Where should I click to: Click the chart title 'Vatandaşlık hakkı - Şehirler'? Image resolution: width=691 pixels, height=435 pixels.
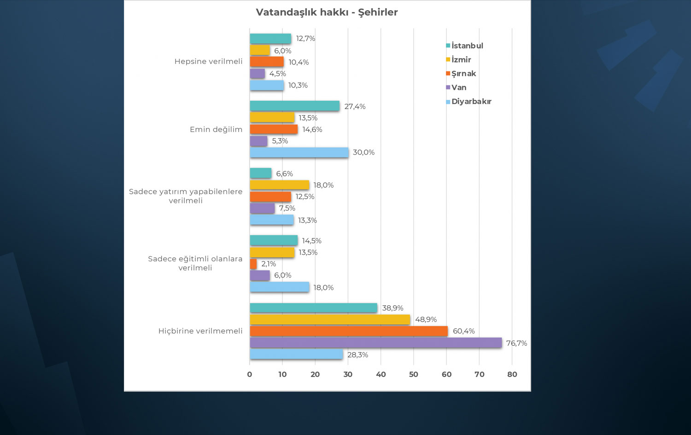click(x=327, y=12)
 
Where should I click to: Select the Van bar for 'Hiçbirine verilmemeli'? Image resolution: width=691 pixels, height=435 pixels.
click(x=375, y=342)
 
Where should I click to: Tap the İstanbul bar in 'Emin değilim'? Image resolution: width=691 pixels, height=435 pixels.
click(x=294, y=106)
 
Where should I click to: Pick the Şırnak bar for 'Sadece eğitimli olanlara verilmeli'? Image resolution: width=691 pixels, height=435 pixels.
click(x=253, y=264)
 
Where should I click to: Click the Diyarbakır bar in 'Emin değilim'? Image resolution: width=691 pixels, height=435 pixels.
click(x=299, y=152)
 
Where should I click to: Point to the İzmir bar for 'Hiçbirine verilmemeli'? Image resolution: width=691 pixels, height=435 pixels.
click(x=330, y=319)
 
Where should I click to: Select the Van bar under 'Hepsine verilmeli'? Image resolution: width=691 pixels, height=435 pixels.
click(x=258, y=74)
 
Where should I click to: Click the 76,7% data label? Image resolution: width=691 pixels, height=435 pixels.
click(x=516, y=343)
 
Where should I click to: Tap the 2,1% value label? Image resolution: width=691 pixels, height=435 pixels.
click(x=269, y=264)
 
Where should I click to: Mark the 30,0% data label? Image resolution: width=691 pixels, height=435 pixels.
click(x=363, y=152)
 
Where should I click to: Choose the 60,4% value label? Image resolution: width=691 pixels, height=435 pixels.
click(x=463, y=331)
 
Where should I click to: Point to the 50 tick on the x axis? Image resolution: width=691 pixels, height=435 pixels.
click(x=414, y=374)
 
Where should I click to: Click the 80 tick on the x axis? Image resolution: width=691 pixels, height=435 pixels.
click(x=512, y=374)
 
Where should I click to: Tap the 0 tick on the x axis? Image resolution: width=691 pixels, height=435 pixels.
click(x=250, y=374)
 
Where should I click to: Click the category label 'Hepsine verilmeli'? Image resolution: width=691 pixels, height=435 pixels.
click(x=208, y=62)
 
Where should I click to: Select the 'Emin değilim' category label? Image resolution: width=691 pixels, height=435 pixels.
click(x=216, y=129)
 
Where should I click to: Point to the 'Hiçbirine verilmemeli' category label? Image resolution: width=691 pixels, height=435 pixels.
click(x=200, y=331)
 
